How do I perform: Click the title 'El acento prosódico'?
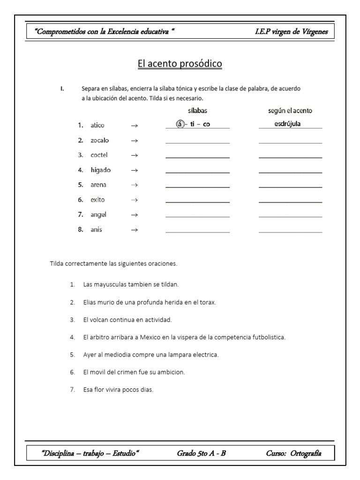click(x=180, y=64)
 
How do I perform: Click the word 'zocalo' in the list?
click(x=100, y=140)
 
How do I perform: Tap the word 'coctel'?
click(x=99, y=155)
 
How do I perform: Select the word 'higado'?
click(x=101, y=170)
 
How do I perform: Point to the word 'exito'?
click(x=98, y=200)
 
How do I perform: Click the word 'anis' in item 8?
click(x=97, y=230)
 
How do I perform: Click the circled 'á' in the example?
click(x=179, y=125)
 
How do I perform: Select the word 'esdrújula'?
click(x=287, y=124)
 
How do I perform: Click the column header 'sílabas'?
click(x=197, y=111)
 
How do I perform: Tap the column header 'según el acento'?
click(x=290, y=111)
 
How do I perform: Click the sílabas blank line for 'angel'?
click(x=197, y=217)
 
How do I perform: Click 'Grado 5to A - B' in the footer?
click(x=202, y=453)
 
